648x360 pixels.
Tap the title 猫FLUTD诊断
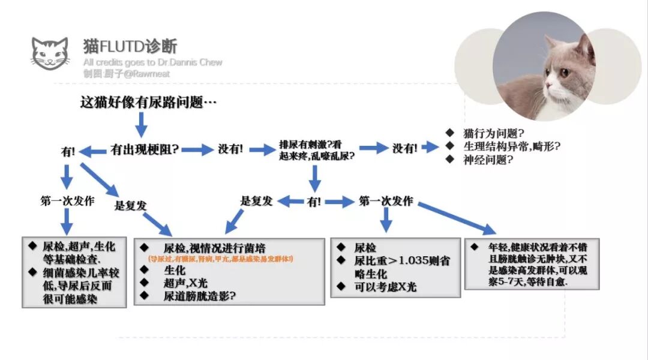pyautogui.click(x=130, y=46)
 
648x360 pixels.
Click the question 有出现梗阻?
pyautogui.click(x=144, y=149)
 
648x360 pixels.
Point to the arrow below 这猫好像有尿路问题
pyautogui.click(x=142, y=125)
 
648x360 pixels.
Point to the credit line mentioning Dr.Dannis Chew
pyautogui.click(x=152, y=62)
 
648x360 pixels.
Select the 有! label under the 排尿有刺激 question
pyautogui.click(x=314, y=202)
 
